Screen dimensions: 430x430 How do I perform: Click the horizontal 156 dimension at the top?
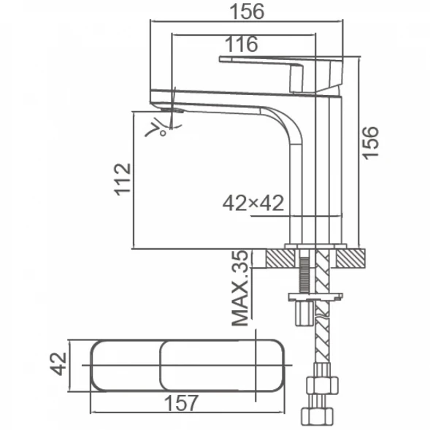(247, 12)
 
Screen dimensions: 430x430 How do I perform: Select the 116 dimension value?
(242, 44)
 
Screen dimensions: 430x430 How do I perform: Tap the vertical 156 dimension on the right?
(370, 143)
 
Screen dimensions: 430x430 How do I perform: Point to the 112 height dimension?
(123, 180)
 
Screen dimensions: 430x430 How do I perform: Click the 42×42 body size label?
(253, 203)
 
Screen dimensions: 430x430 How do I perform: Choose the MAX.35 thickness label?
(239, 288)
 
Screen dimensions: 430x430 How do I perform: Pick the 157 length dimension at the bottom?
(181, 403)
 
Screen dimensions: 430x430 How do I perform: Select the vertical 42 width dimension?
(58, 364)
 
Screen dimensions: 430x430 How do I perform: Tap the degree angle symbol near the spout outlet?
(163, 134)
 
